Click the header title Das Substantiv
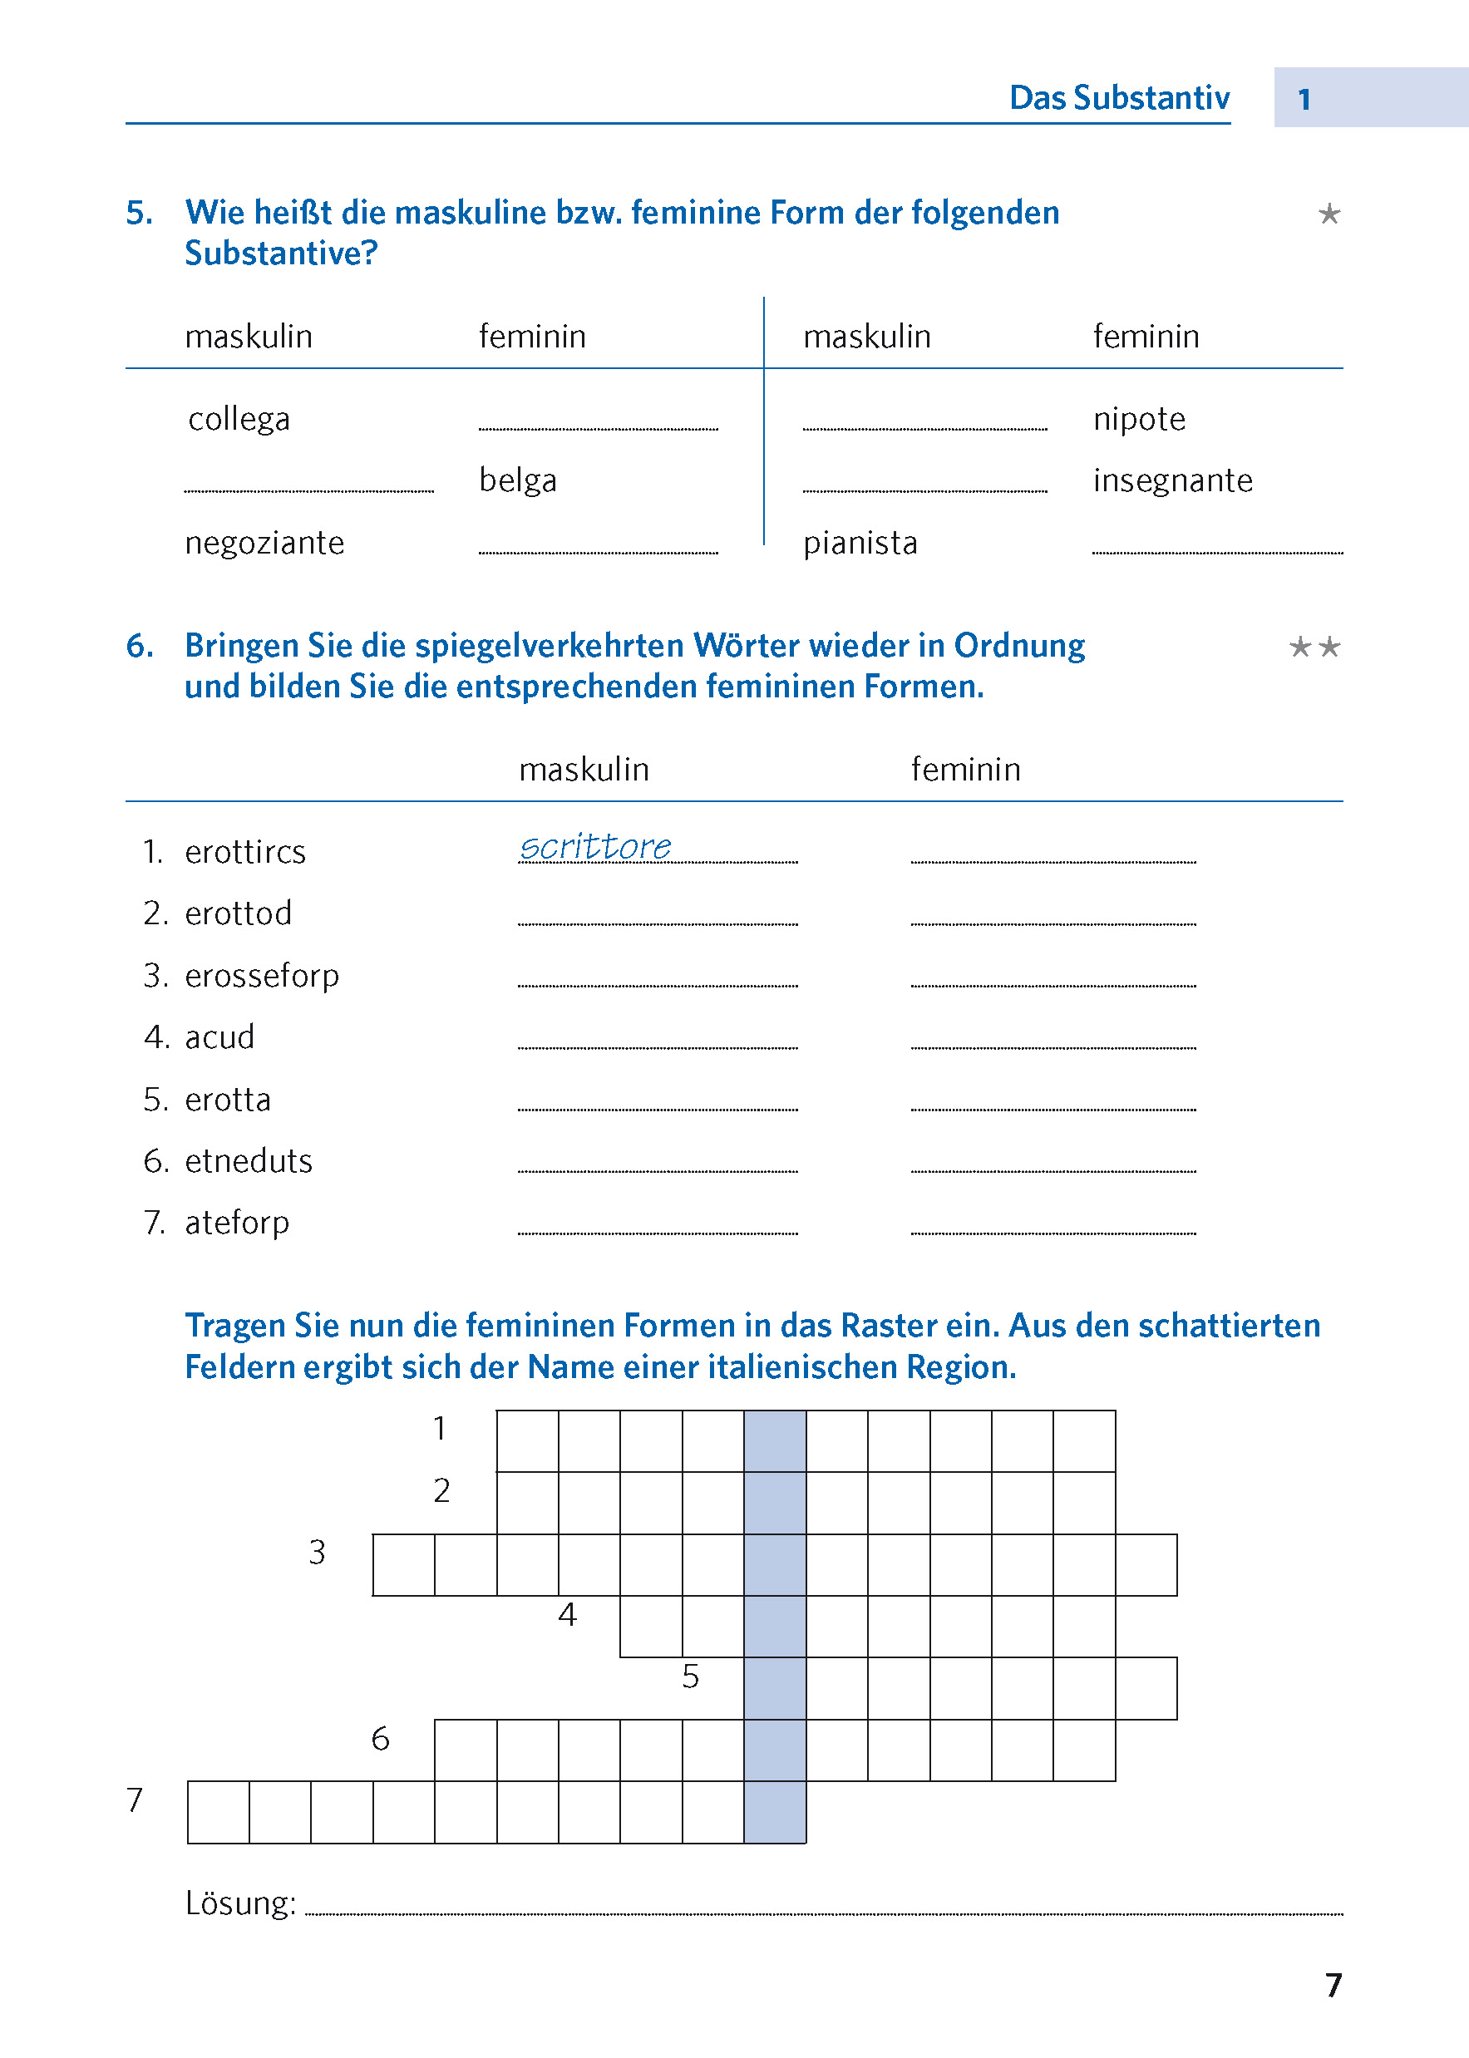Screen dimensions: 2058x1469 tap(1119, 97)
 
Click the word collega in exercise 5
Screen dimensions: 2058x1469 tap(239, 420)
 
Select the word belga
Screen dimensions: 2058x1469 tap(517, 480)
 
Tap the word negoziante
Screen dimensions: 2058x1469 tap(264, 543)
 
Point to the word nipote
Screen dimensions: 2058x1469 tap(1139, 420)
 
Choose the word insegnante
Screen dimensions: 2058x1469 tap(1172, 480)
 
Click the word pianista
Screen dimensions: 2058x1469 tap(860, 543)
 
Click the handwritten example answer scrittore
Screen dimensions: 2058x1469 tap(595, 847)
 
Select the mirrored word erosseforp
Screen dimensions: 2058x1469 tap(261, 976)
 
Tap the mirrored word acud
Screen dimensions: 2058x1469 tap(219, 1037)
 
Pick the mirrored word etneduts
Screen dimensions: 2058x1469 tap(248, 1161)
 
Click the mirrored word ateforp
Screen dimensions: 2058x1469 tap(237, 1223)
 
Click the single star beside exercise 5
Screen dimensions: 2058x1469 tap(1329, 214)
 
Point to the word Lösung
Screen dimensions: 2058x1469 tap(239, 1903)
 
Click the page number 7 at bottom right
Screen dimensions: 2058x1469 tap(1333, 1985)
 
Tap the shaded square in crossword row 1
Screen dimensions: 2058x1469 tap(775, 1440)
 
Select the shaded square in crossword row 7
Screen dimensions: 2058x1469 tap(775, 1812)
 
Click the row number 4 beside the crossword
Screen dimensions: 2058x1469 tap(567, 1615)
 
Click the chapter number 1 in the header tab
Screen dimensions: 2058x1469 tap(1304, 100)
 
